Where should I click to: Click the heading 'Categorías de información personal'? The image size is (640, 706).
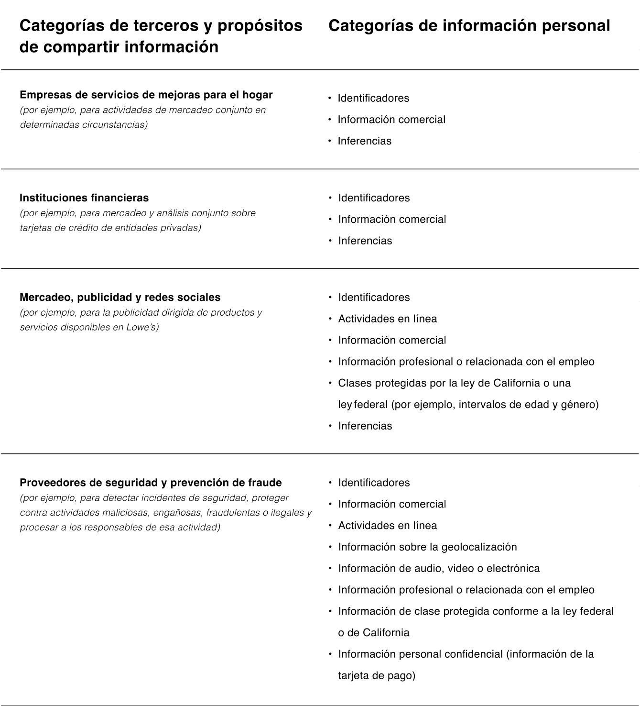pyautogui.click(x=469, y=26)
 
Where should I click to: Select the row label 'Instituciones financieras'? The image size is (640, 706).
pyautogui.click(x=84, y=198)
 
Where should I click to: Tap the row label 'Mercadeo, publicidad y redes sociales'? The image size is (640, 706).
pyautogui.click(x=120, y=298)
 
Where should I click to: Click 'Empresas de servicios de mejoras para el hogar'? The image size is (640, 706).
pyautogui.click(x=146, y=95)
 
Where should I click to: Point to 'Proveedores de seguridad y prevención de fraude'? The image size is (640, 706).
pyautogui.click(x=151, y=483)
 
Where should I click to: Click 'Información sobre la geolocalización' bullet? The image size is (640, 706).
pyautogui.click(x=427, y=547)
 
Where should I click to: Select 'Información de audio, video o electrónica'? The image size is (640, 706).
pyautogui.click(x=439, y=568)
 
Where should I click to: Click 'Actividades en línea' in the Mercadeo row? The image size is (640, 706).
pyautogui.click(x=387, y=319)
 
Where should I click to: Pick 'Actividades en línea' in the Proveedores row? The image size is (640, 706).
pyautogui.click(x=387, y=526)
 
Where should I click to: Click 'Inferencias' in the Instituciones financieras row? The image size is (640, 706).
pyautogui.click(x=365, y=241)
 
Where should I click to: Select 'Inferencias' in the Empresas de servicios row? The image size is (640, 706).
pyautogui.click(x=364, y=141)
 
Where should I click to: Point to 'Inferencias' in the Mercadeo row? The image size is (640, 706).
pyautogui.click(x=365, y=426)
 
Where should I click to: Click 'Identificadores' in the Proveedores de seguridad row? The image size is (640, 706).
pyautogui.click(x=374, y=483)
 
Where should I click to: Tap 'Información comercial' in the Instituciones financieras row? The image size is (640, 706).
pyautogui.click(x=392, y=220)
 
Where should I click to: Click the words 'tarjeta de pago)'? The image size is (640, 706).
pyautogui.click(x=377, y=676)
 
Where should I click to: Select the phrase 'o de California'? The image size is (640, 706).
pyautogui.click(x=373, y=633)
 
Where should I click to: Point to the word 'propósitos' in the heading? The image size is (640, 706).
pyautogui.click(x=260, y=26)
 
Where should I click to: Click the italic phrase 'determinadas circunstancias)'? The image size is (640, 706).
pyautogui.click(x=84, y=125)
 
